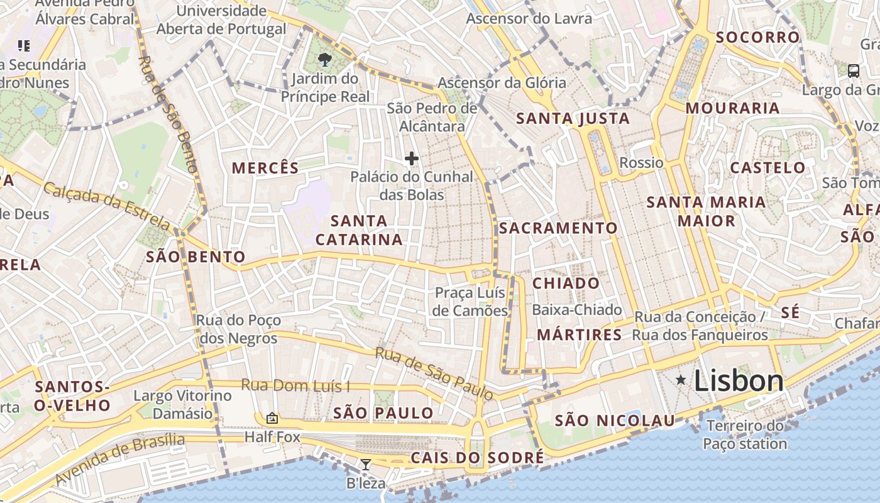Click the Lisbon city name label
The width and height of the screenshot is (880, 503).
point(739,381)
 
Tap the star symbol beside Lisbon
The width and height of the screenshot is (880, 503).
point(680,380)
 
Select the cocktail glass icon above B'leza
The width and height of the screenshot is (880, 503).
point(365,465)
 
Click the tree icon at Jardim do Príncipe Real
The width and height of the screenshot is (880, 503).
point(325,60)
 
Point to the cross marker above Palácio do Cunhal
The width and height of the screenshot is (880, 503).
point(412,158)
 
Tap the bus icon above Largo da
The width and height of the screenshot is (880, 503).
point(853,71)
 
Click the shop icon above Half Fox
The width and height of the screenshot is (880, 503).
point(272,417)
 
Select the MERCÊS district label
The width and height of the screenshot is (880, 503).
point(265,168)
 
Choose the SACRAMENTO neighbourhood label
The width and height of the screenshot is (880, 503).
point(558,228)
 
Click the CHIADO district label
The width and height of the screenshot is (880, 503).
point(566,283)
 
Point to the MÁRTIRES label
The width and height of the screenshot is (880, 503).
point(579,334)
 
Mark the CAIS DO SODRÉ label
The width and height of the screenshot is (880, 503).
point(476,458)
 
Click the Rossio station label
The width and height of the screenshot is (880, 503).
point(641,163)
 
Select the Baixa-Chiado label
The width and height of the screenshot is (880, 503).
point(576,310)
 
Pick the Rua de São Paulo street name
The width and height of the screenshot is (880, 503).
point(434,373)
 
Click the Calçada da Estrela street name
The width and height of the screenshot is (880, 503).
point(107,206)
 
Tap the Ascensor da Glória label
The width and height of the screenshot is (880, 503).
point(502,82)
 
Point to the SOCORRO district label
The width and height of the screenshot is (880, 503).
point(757,37)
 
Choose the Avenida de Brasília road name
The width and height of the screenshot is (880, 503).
point(119,459)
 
